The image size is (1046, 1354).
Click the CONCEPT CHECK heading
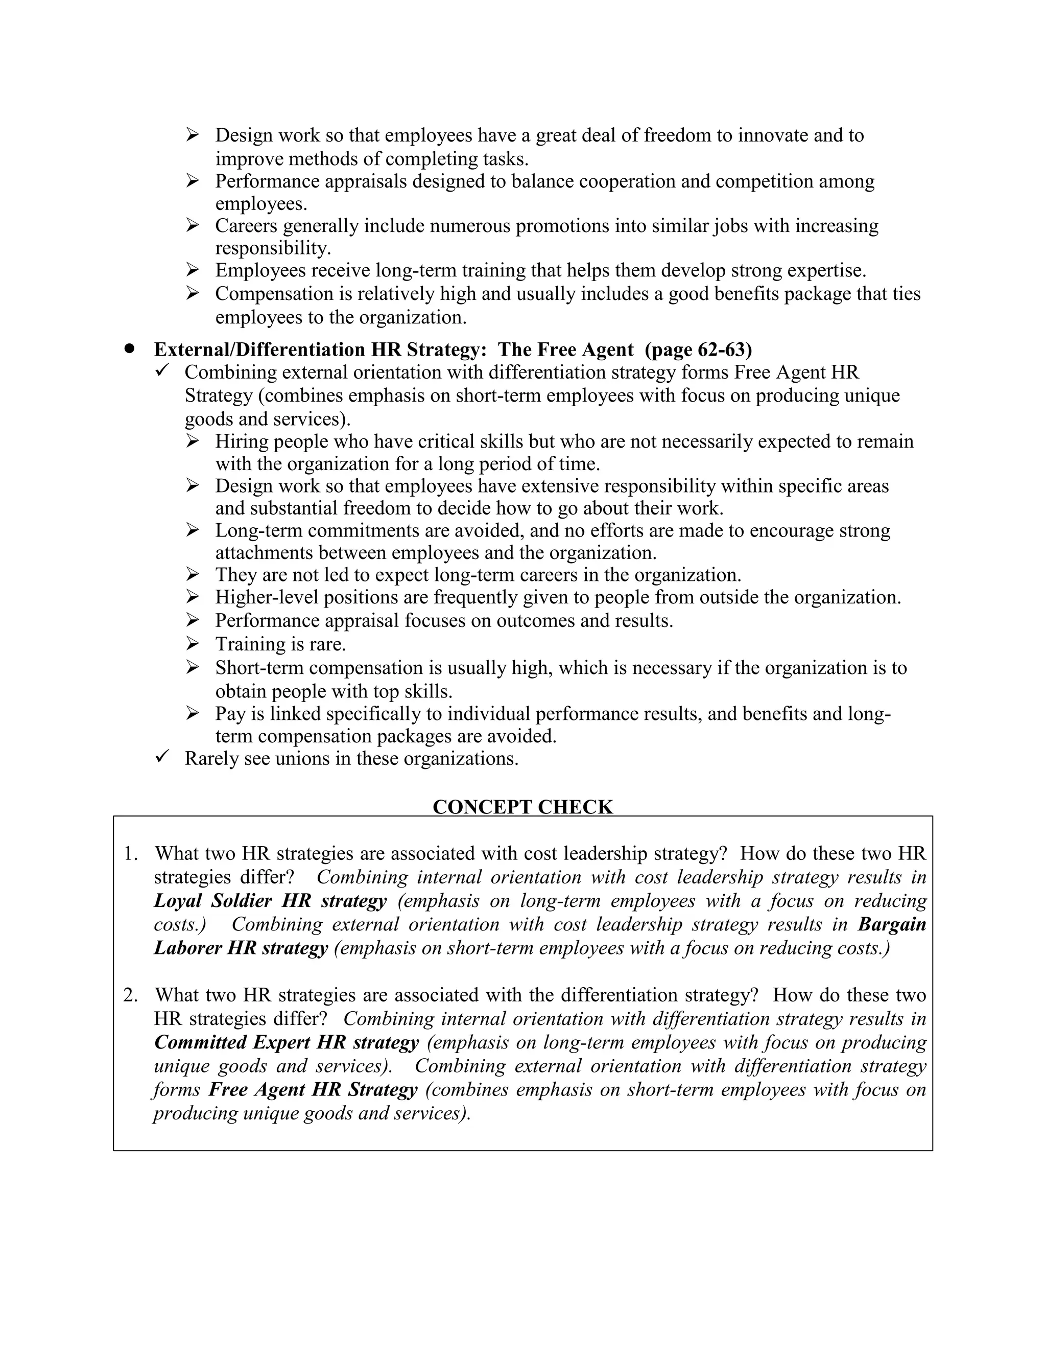[522, 807]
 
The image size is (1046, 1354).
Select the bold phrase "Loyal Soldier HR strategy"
[270, 901]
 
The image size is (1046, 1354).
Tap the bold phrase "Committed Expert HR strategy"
[287, 1042]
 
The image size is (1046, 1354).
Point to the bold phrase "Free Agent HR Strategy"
[313, 1089]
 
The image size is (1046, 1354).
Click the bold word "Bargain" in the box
[892, 924]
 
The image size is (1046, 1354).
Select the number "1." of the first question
[131, 854]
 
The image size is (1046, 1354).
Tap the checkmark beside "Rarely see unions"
[163, 757]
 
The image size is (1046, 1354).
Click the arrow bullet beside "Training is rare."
[193, 644]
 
